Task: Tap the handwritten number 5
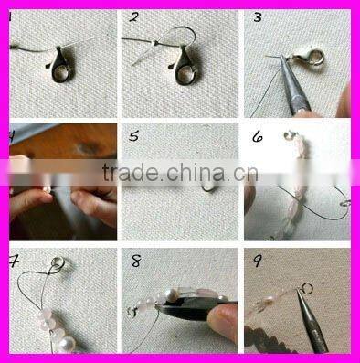pos(133,137)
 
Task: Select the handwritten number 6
pos(258,137)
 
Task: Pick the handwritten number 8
pos(136,262)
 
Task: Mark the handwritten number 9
pos(259,262)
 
